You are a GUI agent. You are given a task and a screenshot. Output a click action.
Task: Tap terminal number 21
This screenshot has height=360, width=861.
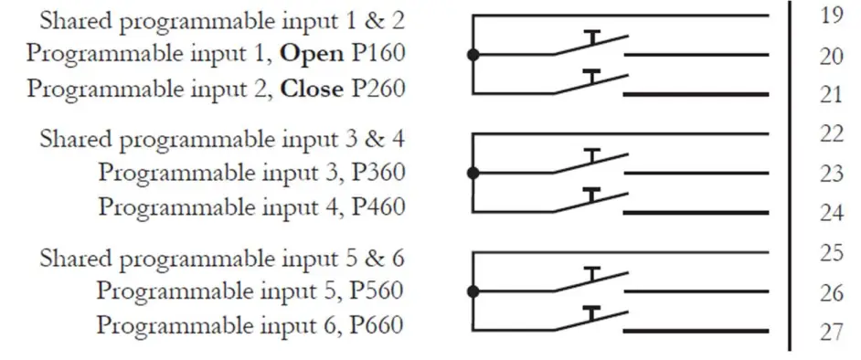pos(830,94)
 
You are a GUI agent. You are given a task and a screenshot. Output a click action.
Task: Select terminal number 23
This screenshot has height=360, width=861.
pos(830,174)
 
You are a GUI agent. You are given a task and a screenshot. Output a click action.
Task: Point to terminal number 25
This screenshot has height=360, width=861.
pos(830,253)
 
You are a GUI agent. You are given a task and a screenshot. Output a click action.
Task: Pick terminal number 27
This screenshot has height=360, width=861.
pos(830,332)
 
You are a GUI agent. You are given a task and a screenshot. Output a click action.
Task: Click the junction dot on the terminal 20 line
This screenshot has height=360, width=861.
pos(473,55)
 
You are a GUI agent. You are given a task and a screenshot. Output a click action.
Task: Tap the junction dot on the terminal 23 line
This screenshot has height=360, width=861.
pos(473,173)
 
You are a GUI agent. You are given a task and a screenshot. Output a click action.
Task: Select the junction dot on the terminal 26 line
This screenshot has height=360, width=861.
pos(473,292)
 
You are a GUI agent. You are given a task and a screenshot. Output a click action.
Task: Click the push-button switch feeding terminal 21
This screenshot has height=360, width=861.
pos(592,83)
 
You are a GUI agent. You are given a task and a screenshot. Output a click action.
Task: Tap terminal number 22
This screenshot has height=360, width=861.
pos(830,134)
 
